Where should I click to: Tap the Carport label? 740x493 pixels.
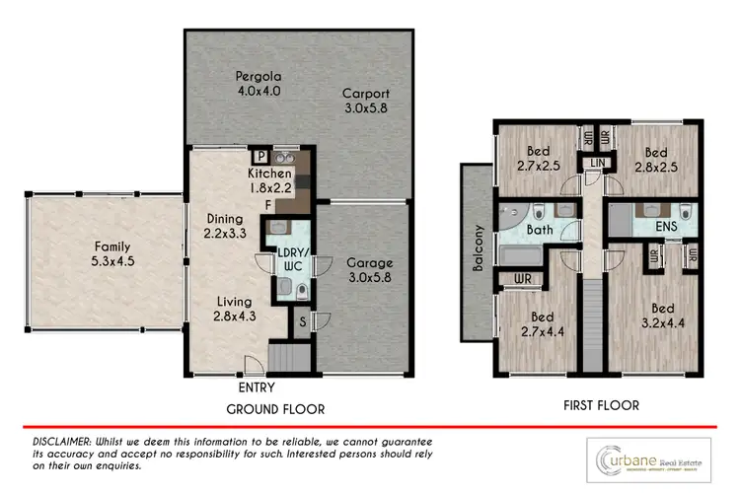point(360,102)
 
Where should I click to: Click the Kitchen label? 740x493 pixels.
point(269,180)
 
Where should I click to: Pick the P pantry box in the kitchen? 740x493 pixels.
point(260,157)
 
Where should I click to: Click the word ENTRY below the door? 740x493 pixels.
point(257,387)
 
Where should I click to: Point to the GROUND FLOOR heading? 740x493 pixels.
point(275,408)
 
